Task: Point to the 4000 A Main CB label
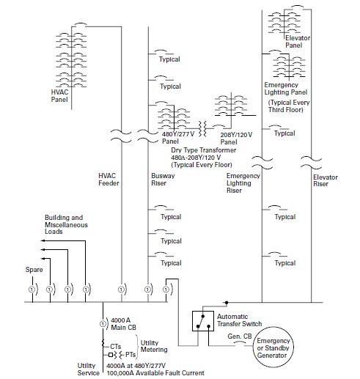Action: pyautogui.click(x=122, y=323)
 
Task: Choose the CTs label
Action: pyautogui.click(x=115, y=345)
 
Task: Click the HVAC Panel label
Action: pyautogui.click(x=59, y=95)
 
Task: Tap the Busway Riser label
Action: pyautogui.click(x=162, y=180)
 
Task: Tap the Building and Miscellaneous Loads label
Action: pyautogui.click(x=64, y=225)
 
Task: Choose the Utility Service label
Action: pyautogui.click(x=88, y=368)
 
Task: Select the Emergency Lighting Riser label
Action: pyautogui.click(x=243, y=184)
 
